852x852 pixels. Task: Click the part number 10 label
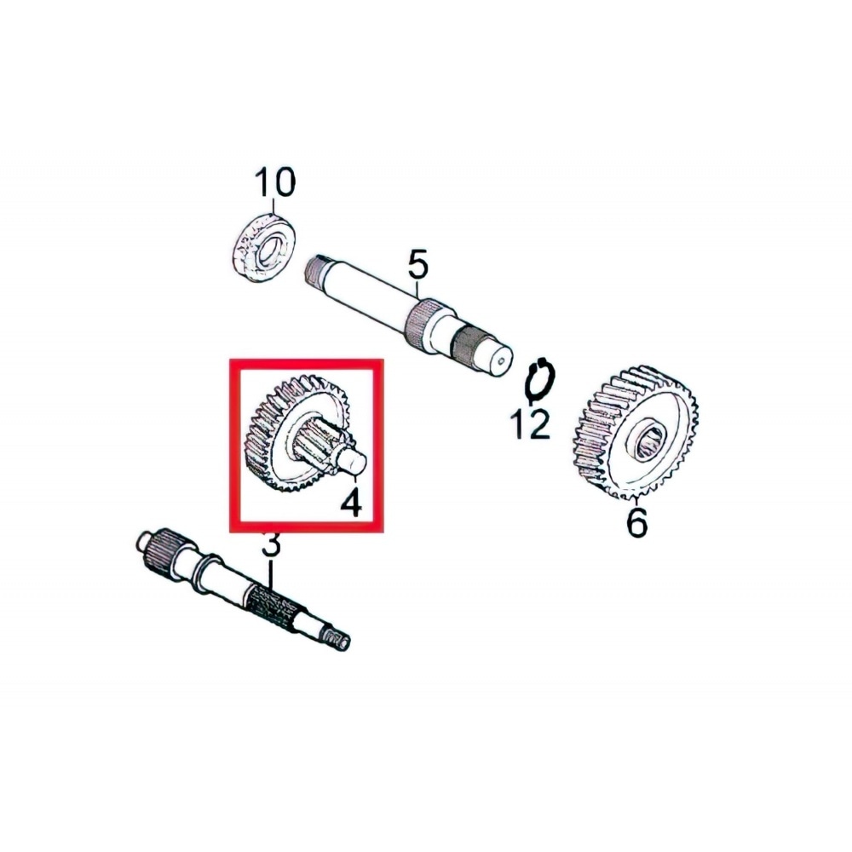click(x=275, y=181)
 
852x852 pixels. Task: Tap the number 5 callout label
click(x=417, y=264)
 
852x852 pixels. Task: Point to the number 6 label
click(x=636, y=522)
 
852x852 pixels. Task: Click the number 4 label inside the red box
click(x=351, y=502)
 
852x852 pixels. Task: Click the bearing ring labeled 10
click(x=265, y=248)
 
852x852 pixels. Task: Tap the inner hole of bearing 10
click(x=269, y=250)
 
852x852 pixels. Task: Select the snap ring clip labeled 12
click(x=539, y=380)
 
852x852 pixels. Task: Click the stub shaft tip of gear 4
click(x=353, y=460)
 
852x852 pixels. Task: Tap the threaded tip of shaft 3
click(x=336, y=640)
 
